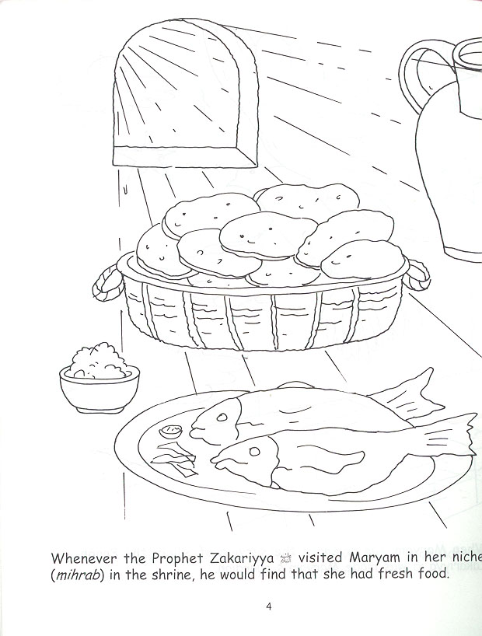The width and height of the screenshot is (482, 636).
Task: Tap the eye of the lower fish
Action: click(x=253, y=450)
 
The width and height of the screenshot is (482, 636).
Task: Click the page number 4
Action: click(x=268, y=606)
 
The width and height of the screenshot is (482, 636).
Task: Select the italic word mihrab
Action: click(x=76, y=576)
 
